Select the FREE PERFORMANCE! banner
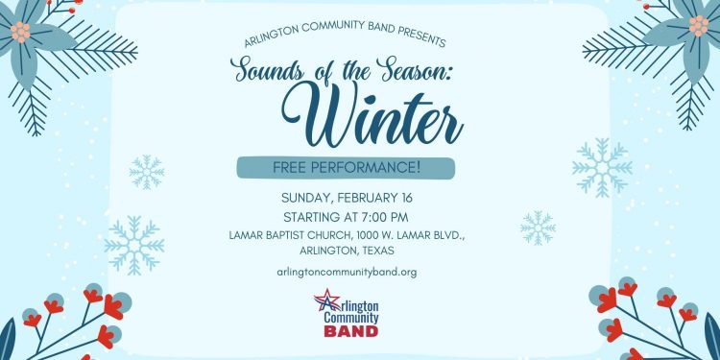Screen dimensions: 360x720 coord(346,168)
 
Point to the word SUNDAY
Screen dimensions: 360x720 coord(304,199)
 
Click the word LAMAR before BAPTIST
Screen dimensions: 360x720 coord(248,234)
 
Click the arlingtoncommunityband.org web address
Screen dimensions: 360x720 coord(346,273)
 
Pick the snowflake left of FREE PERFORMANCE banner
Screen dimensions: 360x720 coord(147,172)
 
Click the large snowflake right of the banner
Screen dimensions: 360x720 coord(602,167)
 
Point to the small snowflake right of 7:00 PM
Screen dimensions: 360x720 coord(539,228)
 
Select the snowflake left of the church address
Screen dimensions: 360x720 coord(134,245)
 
